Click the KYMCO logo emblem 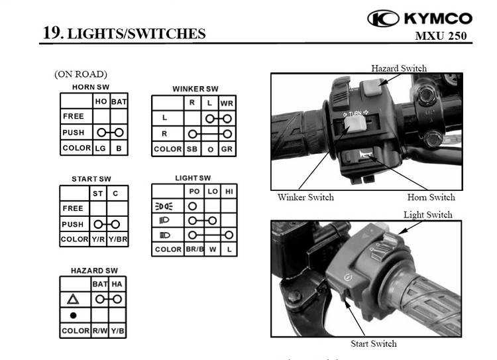(383, 19)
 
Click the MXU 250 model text (441, 36)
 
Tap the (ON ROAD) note (81, 74)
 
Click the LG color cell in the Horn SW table (101, 148)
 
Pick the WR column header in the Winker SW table (227, 103)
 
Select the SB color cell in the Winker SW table (192, 149)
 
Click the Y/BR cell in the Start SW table (117, 239)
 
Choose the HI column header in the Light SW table (229, 192)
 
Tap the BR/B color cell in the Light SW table (195, 249)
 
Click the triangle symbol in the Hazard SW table (73, 299)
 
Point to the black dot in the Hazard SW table (73, 316)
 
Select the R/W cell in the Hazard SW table (100, 331)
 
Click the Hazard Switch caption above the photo (399, 68)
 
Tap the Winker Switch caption (305, 198)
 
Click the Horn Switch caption (431, 198)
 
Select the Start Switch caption (374, 343)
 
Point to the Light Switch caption (428, 215)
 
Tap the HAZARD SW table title (94, 270)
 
